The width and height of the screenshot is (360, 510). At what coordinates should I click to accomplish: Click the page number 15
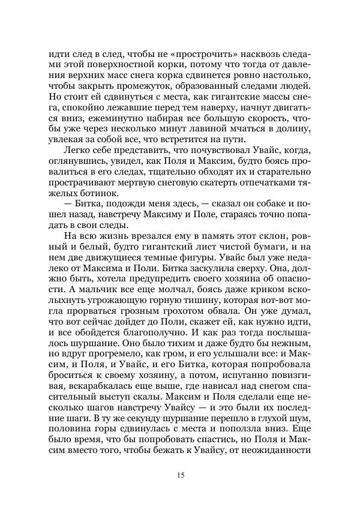coord(180,476)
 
